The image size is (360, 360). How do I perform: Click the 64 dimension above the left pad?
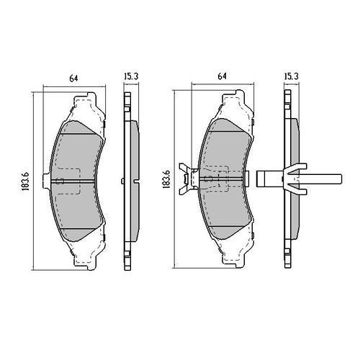pyautogui.click(x=73, y=78)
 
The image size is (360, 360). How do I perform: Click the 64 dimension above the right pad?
pyautogui.click(x=222, y=76)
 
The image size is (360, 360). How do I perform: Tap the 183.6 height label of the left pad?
pyautogui.click(x=25, y=181)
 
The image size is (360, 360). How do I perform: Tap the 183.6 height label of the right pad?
pyautogui.click(x=166, y=179)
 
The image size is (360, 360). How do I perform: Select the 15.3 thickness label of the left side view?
pyautogui.click(x=131, y=77)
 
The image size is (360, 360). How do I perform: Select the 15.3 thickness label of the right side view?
pyautogui.click(x=291, y=76)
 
